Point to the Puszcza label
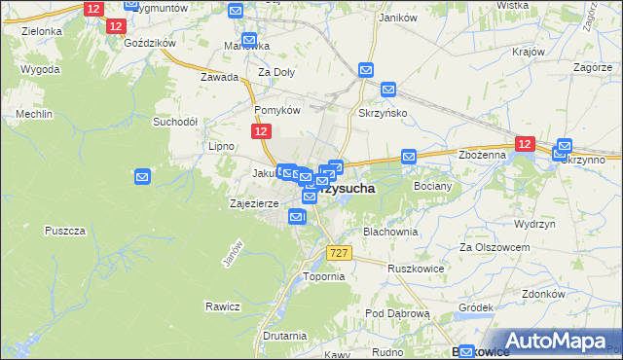[66, 231]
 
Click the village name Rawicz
[222, 306]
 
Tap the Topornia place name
[324, 276]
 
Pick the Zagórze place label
[593, 68]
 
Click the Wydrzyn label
[534, 223]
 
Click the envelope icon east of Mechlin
[142, 177]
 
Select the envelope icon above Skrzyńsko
[366, 70]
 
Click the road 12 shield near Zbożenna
[525, 144]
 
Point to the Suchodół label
[175, 123]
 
